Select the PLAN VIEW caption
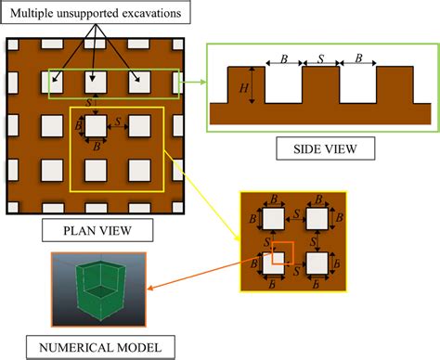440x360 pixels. [x=96, y=227]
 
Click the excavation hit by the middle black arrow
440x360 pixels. [x=96, y=82]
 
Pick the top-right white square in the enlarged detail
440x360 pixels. [x=318, y=220]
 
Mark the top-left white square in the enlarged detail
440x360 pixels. [x=273, y=220]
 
